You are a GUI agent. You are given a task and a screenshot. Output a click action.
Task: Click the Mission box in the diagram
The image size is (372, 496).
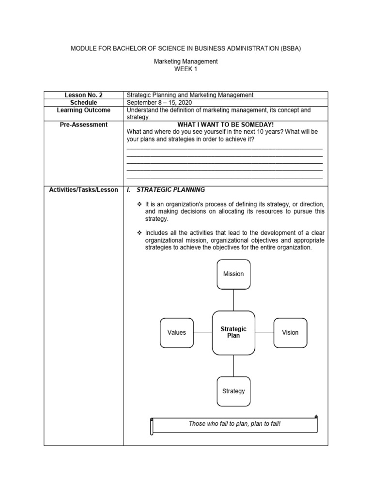pos(233,274)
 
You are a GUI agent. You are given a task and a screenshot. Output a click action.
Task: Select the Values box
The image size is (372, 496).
pos(177,333)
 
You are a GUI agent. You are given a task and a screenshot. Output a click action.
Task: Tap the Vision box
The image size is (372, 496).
pos(290,333)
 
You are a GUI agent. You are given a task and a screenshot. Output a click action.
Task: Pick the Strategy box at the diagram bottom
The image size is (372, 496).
pos(233,391)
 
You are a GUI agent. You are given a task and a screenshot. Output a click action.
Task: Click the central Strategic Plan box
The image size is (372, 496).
pos(233,333)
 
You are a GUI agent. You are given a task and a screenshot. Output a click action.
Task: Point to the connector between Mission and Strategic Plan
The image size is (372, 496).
pos(233,300)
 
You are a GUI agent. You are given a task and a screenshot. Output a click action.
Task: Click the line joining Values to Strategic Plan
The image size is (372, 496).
pos(203,333)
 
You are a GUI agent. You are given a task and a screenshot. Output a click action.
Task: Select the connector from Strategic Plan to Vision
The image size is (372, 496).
pos(264,333)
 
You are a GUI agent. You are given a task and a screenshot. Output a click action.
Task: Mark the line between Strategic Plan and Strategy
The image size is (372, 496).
pos(233,365)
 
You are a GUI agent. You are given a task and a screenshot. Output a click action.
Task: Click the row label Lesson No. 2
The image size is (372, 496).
pos(83,95)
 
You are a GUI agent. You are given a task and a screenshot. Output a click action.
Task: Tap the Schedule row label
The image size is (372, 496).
pos(83,103)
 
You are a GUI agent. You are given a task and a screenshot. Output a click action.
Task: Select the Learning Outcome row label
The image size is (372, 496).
pos(83,110)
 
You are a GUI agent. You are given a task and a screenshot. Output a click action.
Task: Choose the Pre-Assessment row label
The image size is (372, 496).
pos(83,124)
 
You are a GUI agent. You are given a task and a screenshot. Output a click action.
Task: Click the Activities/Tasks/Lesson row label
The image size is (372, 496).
pos(83,190)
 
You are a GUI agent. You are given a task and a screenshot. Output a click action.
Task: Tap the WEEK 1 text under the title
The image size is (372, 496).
pos(186,69)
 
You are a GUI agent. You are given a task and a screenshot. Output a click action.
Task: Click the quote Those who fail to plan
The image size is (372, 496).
pos(234,424)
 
